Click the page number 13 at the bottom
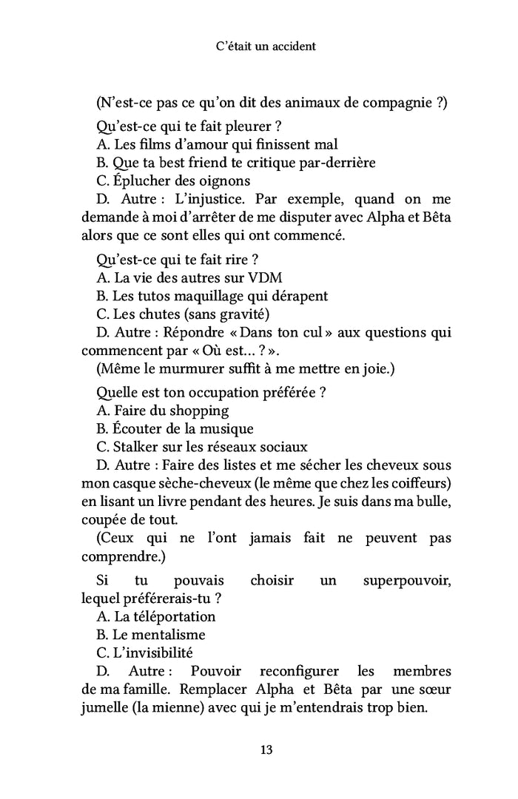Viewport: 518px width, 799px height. (266, 749)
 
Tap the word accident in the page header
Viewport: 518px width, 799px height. (289, 46)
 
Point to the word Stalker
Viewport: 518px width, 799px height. (136, 447)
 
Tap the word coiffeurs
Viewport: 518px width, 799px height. (414, 484)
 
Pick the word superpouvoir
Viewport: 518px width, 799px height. (407, 581)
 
